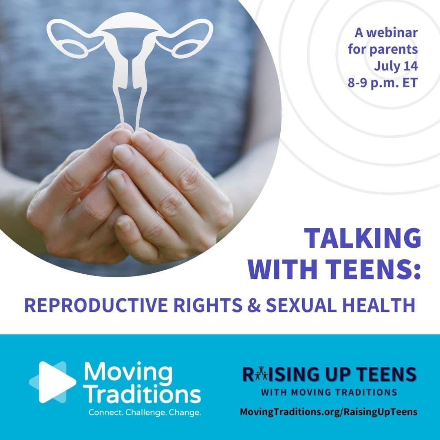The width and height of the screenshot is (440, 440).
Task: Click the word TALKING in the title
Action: (363, 238)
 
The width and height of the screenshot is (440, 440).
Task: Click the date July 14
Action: (396, 66)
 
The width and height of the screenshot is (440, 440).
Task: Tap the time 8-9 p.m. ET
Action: (383, 83)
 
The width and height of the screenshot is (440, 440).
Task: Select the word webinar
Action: (392, 33)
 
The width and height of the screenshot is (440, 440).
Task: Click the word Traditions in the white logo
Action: (143, 395)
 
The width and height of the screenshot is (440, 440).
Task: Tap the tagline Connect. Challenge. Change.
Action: (145, 412)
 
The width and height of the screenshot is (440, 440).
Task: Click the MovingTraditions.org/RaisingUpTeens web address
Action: (329, 412)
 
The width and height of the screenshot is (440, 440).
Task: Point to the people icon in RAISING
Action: (262, 373)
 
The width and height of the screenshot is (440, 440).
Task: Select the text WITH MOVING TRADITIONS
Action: (329, 392)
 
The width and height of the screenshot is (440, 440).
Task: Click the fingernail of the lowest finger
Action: (124, 224)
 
